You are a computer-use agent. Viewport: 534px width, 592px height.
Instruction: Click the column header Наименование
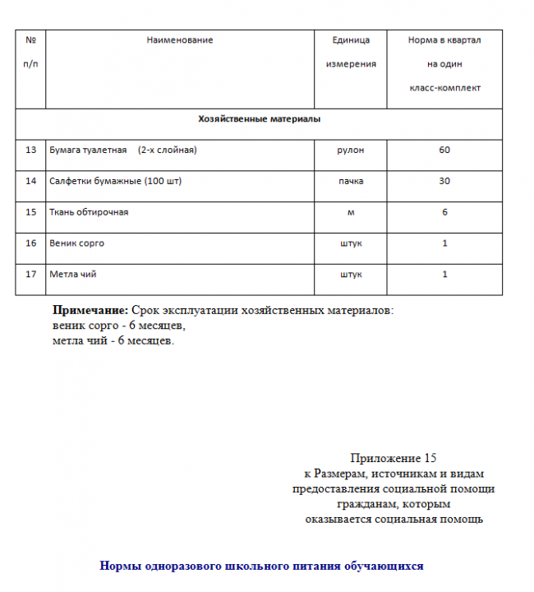click(x=179, y=40)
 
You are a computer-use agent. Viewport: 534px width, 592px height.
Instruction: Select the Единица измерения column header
click(x=351, y=52)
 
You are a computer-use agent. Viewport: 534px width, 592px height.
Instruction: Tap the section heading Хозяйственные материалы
click(x=259, y=119)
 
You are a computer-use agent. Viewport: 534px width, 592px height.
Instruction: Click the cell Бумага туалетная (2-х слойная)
click(x=123, y=150)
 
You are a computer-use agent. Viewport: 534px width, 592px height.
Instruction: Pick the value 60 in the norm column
click(x=444, y=150)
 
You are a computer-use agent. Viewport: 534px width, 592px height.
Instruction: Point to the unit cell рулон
click(x=351, y=150)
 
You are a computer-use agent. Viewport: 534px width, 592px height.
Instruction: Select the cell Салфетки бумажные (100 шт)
click(x=115, y=181)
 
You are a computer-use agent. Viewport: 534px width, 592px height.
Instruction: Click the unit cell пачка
click(x=351, y=181)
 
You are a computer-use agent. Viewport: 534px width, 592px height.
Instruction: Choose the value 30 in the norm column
click(x=444, y=181)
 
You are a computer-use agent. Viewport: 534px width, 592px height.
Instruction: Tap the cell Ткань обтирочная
click(x=89, y=212)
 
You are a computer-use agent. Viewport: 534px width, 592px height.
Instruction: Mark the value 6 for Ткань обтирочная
click(x=444, y=212)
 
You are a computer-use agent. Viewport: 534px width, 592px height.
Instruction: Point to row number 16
click(x=31, y=243)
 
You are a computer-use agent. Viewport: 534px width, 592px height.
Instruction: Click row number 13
click(x=31, y=150)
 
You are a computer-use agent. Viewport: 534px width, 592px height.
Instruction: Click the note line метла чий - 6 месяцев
click(x=113, y=340)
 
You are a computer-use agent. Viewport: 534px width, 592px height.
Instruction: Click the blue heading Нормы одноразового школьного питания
click(x=261, y=566)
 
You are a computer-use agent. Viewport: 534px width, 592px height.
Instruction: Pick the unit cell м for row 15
click(x=351, y=212)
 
